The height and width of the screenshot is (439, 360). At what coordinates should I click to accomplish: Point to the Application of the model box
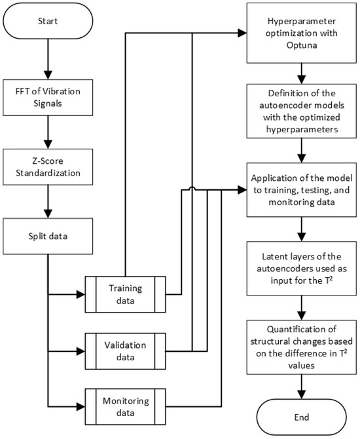click(x=300, y=191)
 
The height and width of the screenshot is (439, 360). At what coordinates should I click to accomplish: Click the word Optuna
click(x=300, y=42)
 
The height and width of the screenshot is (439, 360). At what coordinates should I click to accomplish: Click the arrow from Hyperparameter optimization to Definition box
click(x=300, y=71)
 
